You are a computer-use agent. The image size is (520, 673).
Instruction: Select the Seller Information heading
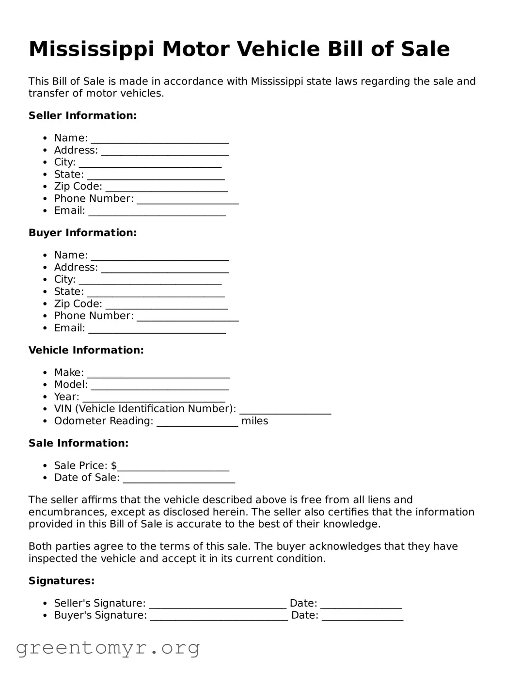tap(82, 115)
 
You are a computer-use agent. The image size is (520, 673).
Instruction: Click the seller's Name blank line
tap(159, 139)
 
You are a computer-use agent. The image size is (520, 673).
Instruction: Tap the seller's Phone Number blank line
tap(188, 200)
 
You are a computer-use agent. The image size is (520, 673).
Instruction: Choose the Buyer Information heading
tap(82, 233)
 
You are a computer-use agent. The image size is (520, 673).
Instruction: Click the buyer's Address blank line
tap(165, 269)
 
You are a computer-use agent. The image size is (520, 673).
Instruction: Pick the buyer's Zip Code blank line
tap(167, 305)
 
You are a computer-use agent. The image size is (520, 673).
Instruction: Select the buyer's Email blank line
tap(157, 329)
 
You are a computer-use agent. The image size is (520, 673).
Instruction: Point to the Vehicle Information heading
tap(86, 350)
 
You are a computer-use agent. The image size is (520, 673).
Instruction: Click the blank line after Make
tap(158, 374)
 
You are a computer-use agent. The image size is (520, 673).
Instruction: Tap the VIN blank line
tap(285, 410)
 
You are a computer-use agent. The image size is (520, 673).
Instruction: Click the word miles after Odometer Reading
tap(254, 421)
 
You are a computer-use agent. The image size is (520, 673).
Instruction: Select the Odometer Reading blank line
tap(197, 422)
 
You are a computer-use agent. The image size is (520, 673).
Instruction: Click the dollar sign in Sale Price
tap(114, 465)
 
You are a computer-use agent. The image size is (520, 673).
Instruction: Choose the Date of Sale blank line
tap(179, 479)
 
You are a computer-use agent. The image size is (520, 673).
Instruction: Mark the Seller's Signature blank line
tap(218, 605)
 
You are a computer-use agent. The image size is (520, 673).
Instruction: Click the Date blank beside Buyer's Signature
tap(362, 617)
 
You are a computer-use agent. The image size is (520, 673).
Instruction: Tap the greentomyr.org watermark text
tap(108, 648)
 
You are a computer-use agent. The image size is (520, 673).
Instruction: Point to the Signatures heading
tap(62, 581)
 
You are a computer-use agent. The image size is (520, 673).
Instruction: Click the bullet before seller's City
tap(45, 162)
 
